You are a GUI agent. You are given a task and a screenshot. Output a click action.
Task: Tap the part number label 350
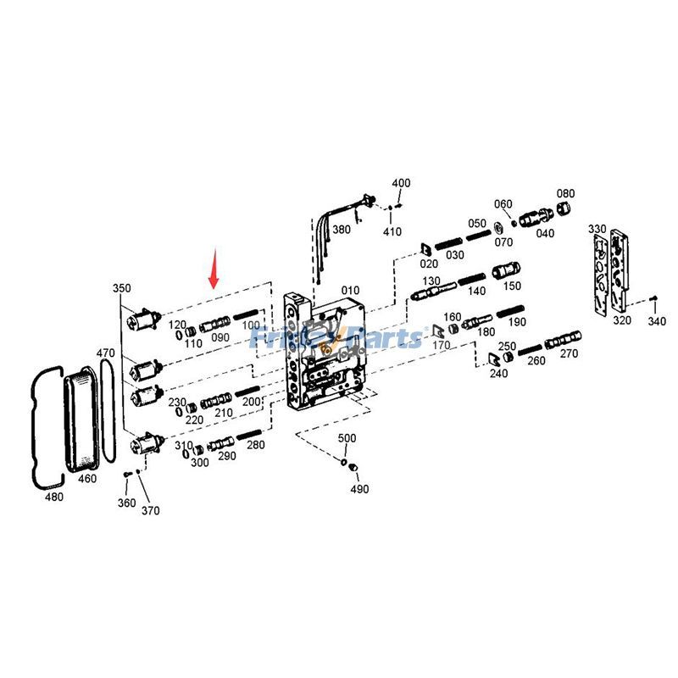pos(122,288)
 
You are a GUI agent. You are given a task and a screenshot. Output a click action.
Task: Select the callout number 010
pos(351,291)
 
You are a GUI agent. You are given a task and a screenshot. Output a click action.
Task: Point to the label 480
pos(53,497)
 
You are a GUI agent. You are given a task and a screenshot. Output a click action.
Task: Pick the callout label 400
pos(401,183)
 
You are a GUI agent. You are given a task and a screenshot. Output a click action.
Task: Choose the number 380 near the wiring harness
pos(341,230)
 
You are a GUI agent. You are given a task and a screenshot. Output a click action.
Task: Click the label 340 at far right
pos(657,321)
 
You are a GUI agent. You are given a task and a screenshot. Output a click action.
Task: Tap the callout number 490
pos(360,489)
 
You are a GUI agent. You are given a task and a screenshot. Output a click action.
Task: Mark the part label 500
pos(347,438)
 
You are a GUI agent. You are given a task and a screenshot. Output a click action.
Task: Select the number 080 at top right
pos(565,193)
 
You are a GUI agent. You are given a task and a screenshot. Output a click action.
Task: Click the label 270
pos(569,353)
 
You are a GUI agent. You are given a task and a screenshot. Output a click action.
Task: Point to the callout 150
pos(513,286)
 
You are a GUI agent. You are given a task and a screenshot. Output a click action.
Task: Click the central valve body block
pos(326,352)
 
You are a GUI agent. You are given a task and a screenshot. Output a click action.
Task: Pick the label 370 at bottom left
pos(151,510)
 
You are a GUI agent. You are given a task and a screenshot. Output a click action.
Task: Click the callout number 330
pos(597,230)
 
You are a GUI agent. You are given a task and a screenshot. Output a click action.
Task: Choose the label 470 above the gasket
pos(105,353)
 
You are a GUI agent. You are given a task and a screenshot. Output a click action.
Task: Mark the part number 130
pos(431,281)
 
